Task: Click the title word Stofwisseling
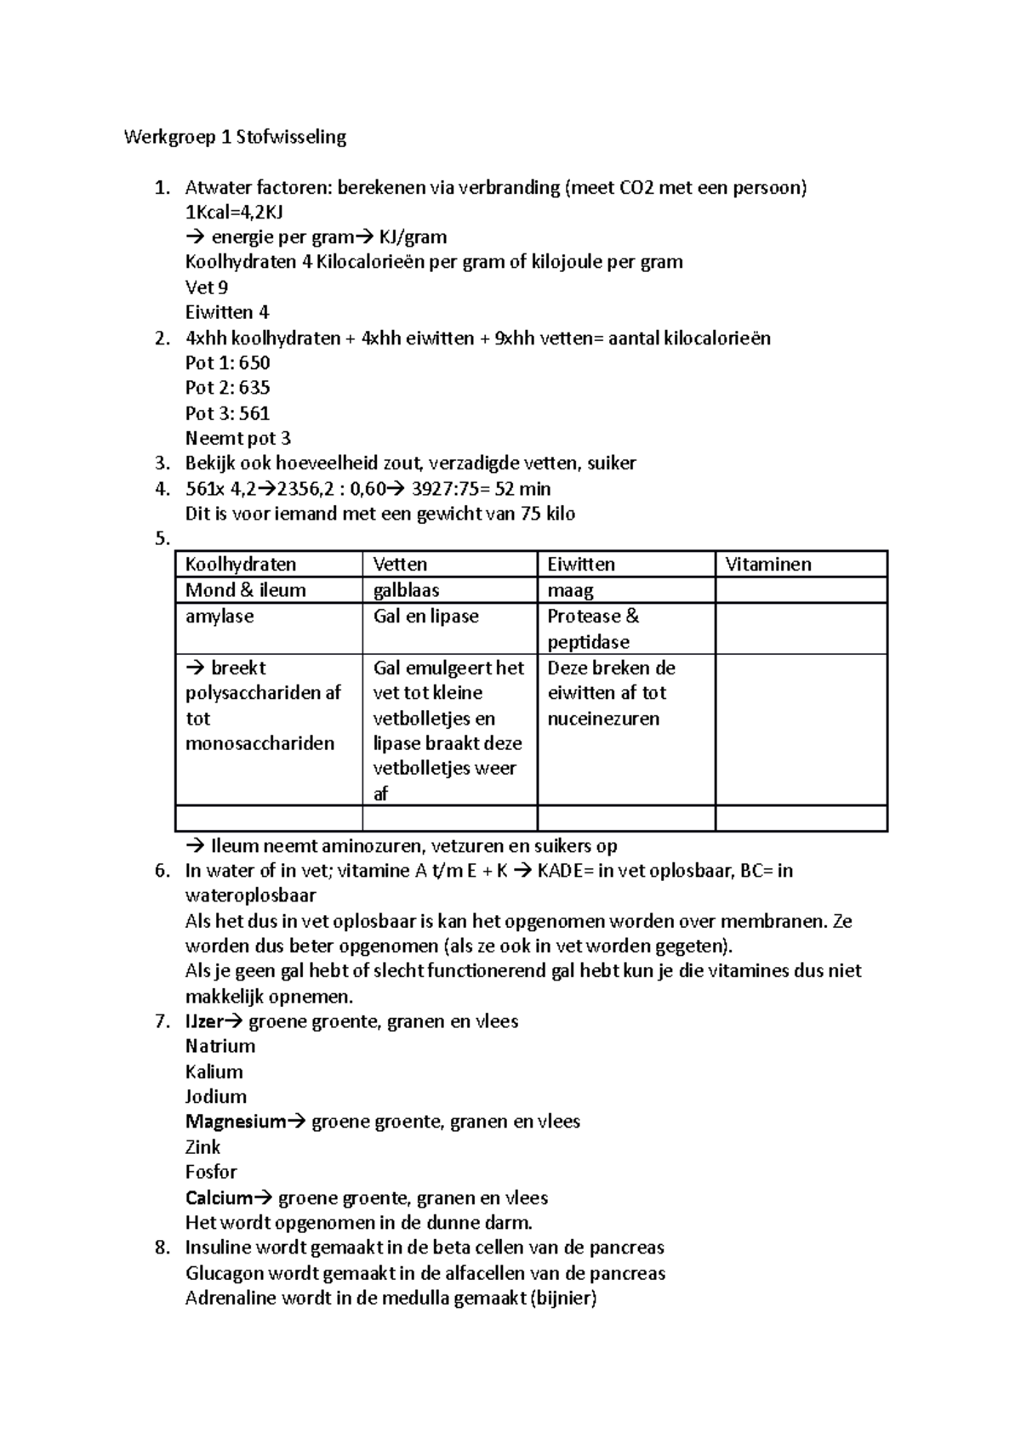(x=291, y=137)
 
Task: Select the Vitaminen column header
(x=767, y=565)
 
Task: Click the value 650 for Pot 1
(x=254, y=363)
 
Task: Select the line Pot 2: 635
(x=227, y=388)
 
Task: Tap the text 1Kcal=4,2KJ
(x=234, y=212)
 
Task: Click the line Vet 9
(x=206, y=287)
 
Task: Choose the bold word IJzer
(x=204, y=1021)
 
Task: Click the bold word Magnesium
(x=235, y=1122)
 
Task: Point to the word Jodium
(x=215, y=1096)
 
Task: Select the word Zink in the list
(x=202, y=1147)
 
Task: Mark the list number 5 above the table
(x=161, y=539)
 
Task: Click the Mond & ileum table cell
(x=245, y=590)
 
